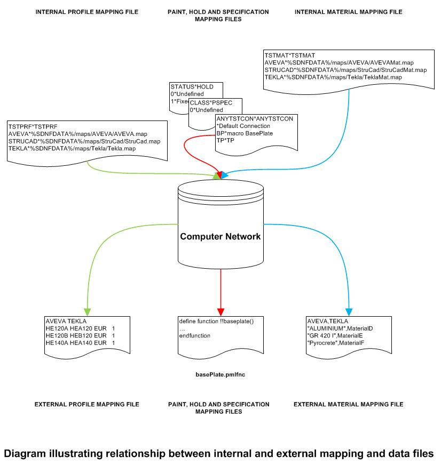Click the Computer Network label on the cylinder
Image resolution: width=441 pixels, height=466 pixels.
(x=220, y=236)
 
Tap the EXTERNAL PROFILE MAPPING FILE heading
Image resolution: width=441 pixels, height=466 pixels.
(x=86, y=404)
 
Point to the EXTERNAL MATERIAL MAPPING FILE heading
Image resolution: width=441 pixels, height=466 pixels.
(x=348, y=404)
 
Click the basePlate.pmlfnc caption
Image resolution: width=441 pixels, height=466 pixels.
(x=220, y=375)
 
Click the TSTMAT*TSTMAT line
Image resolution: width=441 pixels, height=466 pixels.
(x=289, y=55)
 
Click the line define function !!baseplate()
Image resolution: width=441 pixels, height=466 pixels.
(x=216, y=322)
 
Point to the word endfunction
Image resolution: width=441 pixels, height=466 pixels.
(x=194, y=335)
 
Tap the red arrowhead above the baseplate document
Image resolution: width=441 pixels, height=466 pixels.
(x=220, y=311)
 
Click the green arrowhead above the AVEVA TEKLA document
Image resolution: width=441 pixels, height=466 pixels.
(x=86, y=311)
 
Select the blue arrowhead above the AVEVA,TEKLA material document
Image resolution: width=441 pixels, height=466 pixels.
(x=349, y=311)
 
